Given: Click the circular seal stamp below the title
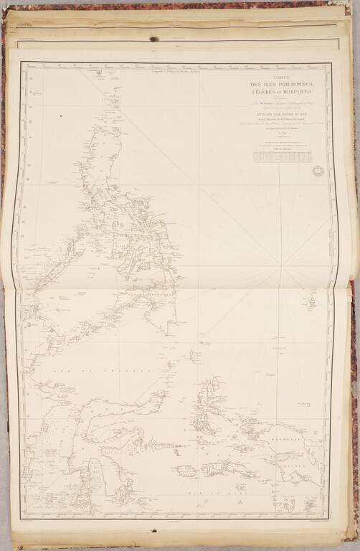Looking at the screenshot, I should click(318, 171).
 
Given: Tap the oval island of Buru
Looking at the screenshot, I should click(184, 471).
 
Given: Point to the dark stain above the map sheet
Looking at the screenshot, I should click(153, 39).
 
